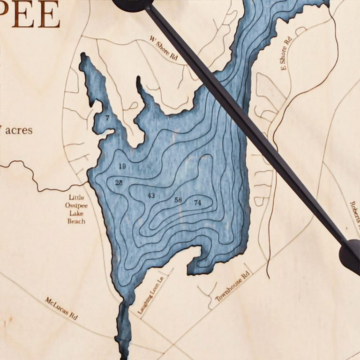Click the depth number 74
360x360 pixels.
coord(197,202)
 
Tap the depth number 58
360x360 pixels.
coord(178,200)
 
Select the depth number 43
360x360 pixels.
coord(151,195)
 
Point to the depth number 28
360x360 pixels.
coord(119,182)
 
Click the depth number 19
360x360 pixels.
coord(122,166)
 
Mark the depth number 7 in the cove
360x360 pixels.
coord(107,118)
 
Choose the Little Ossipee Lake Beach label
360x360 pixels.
coord(76,209)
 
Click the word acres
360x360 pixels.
coord(19,130)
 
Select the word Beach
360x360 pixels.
coord(76,220)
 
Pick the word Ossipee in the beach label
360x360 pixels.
coord(76,205)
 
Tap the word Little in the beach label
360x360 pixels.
coord(76,198)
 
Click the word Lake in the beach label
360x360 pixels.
coord(76,213)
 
